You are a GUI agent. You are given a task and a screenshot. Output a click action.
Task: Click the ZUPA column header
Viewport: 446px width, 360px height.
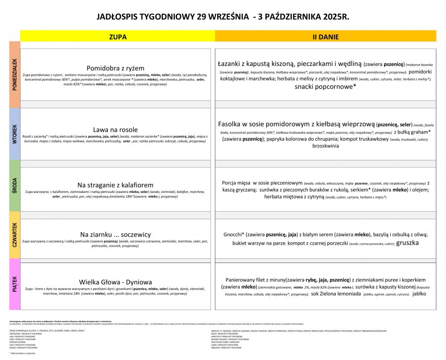pos(118,36)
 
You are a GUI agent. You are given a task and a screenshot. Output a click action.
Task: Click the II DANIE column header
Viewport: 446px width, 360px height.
pos(325,36)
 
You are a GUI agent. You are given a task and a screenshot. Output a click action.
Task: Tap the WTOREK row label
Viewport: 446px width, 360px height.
pos(15,134)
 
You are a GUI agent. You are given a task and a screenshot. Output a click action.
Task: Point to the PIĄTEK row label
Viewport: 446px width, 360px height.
pos(15,284)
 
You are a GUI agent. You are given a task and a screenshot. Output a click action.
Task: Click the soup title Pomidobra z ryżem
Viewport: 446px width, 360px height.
pos(116,68)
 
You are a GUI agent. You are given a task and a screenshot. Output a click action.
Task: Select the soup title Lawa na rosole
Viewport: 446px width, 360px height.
pos(116,130)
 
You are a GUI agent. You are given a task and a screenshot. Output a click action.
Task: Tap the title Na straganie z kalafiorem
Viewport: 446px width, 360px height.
pos(116,185)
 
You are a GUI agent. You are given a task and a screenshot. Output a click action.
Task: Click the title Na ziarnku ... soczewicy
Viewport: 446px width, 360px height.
pos(116,234)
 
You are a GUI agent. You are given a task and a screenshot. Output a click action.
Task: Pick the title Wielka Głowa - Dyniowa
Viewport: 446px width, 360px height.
pos(116,282)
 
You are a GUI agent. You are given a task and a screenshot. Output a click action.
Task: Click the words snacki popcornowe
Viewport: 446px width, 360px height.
pos(325,87)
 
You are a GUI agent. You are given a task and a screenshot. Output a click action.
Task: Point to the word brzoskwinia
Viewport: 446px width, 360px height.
pos(326,146)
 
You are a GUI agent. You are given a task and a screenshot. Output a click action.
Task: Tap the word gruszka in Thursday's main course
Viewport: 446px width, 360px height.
pos(407,243)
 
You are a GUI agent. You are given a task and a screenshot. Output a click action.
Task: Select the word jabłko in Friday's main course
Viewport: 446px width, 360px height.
pos(419,294)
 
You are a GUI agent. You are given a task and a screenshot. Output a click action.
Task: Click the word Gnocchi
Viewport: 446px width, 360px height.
pos(233,234)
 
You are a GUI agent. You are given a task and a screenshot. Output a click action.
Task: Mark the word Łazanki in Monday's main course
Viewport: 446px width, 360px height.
pos(231,64)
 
